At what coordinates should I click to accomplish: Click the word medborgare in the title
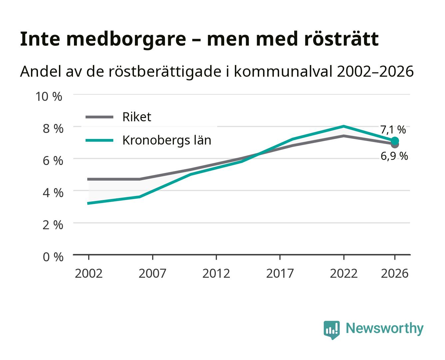(126, 40)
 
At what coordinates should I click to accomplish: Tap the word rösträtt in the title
(341, 39)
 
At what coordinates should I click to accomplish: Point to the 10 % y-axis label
(49, 97)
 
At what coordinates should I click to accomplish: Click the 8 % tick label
(53, 129)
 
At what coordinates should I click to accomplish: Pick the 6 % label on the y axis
(53, 161)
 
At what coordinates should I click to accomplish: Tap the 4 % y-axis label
(53, 193)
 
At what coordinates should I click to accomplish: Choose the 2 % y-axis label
(53, 225)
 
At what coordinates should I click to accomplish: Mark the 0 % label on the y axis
(53, 257)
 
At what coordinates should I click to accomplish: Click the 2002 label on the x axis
(89, 273)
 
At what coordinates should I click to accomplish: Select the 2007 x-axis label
(153, 273)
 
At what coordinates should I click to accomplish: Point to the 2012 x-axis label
(216, 273)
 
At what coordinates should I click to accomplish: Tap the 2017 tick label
(280, 273)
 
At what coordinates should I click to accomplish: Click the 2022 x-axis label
(344, 273)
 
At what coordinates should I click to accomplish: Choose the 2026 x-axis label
(395, 273)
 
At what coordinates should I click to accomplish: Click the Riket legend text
(137, 117)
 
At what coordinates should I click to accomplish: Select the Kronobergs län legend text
(167, 140)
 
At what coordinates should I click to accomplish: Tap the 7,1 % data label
(393, 130)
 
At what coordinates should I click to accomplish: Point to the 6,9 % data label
(394, 156)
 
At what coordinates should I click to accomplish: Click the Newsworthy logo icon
(331, 330)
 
